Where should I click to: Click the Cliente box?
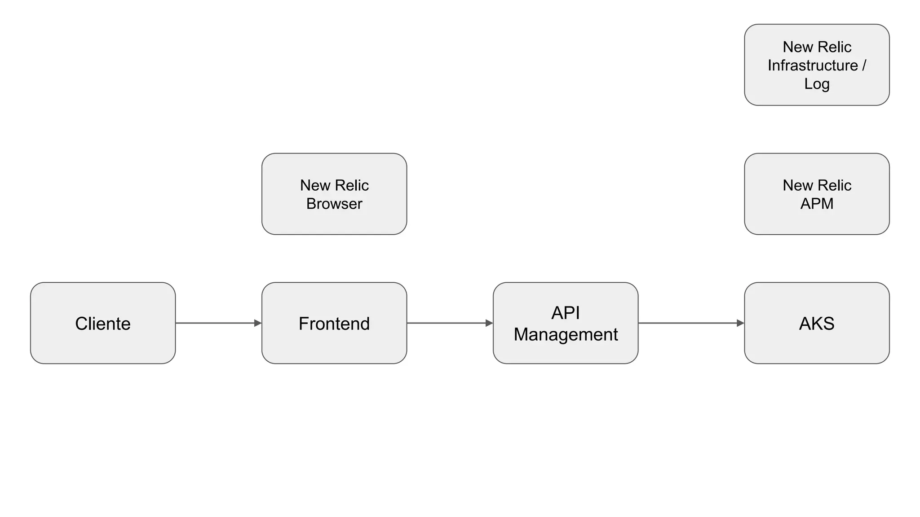(x=103, y=323)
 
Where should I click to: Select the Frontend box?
(x=334, y=323)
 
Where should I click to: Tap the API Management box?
(x=566, y=323)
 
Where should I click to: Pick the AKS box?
(x=817, y=323)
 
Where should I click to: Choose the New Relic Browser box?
(x=334, y=194)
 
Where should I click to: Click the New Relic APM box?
(x=817, y=194)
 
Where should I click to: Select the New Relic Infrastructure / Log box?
(x=817, y=65)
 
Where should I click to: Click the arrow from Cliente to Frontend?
(x=216, y=323)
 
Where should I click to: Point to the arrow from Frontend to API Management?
(x=447, y=323)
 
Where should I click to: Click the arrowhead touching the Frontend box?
(x=258, y=323)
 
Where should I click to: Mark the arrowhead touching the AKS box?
(x=740, y=323)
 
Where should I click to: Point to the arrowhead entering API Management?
(x=489, y=323)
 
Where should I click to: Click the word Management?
(x=566, y=335)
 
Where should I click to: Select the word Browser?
(x=334, y=204)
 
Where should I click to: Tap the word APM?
(x=817, y=204)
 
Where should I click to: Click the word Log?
(x=817, y=84)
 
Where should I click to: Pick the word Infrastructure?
(x=813, y=66)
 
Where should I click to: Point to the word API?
(x=566, y=313)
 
